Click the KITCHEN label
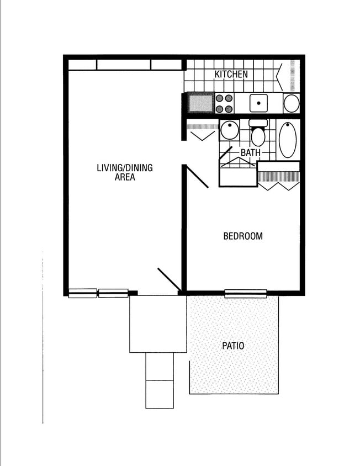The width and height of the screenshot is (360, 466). tap(231, 74)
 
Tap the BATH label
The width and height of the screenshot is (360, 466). tap(251, 152)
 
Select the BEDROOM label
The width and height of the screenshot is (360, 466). tap(243, 236)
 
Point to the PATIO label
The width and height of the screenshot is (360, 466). tap(233, 346)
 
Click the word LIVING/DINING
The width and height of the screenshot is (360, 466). tap(125, 168)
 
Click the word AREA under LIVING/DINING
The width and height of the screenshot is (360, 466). tap(125, 177)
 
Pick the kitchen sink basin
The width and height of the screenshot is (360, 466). tap(258, 103)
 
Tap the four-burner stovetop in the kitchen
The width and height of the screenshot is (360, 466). tap(224, 103)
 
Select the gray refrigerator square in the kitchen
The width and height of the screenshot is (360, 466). tap(200, 103)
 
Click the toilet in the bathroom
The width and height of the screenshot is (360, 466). tap(258, 134)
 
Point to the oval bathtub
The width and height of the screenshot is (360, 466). tap(288, 139)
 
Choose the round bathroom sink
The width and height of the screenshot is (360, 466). tap(229, 131)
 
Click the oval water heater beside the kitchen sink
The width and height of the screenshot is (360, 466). tap(292, 103)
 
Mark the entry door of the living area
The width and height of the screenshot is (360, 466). tap(168, 279)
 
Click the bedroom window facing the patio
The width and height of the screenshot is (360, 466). tap(246, 293)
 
